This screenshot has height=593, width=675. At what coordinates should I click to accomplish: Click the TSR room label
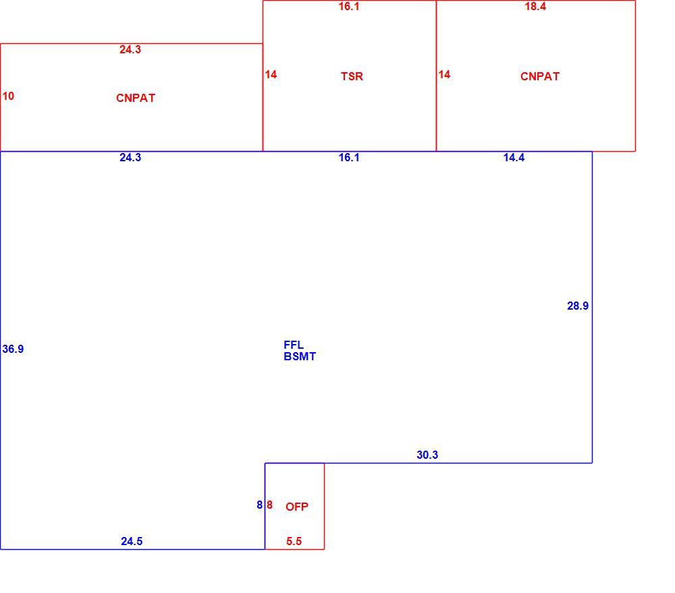[x=352, y=76]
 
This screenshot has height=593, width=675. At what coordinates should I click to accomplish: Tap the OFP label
[x=296, y=507]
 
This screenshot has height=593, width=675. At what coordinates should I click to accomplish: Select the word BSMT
[x=300, y=356]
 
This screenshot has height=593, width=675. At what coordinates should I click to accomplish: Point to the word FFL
[x=294, y=345]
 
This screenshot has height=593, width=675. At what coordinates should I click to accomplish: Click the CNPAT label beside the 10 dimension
[x=136, y=98]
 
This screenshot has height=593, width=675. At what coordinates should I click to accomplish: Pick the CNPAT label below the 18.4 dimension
[x=540, y=76]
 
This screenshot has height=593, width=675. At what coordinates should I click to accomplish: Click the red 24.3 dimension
[x=130, y=49]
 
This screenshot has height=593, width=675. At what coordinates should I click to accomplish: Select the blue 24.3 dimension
[x=130, y=157]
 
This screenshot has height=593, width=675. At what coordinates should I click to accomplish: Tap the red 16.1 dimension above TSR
[x=349, y=7]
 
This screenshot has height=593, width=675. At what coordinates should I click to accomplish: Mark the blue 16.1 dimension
[x=349, y=157]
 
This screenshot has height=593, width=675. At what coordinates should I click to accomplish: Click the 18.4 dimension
[x=535, y=7]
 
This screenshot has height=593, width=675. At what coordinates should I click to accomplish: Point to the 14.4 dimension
[x=514, y=157]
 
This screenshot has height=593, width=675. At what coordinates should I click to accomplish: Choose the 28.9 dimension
[x=578, y=306]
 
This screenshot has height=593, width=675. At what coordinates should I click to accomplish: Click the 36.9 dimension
[x=13, y=349]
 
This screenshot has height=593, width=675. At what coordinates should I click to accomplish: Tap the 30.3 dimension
[x=427, y=455]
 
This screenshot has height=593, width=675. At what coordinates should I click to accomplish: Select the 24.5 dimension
[x=132, y=541]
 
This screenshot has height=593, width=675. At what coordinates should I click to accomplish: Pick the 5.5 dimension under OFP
[x=294, y=541]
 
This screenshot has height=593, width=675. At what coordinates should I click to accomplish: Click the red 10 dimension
[x=8, y=96]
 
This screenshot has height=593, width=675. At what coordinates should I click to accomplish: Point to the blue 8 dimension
[x=260, y=505]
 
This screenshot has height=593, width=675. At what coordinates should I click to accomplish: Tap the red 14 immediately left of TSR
[x=271, y=74]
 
